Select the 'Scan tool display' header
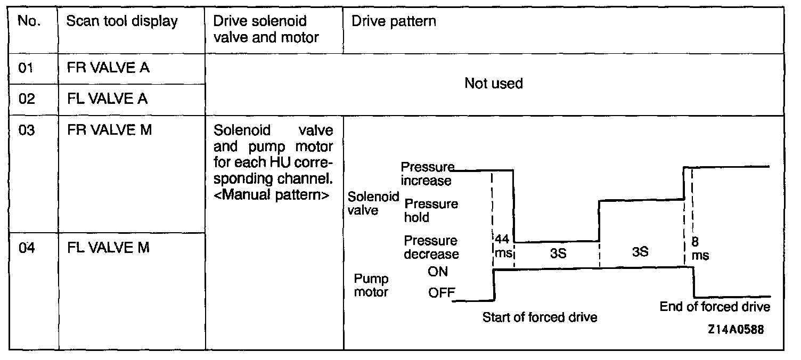point(122,22)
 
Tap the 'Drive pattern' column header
point(394,22)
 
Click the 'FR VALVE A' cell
point(108,69)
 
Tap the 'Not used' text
point(494,84)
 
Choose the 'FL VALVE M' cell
point(109,248)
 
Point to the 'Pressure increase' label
point(427,174)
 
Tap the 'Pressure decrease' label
point(431,248)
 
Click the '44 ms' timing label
point(503,247)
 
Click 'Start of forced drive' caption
point(540,318)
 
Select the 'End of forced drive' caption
point(715,307)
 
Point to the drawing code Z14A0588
point(735,330)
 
